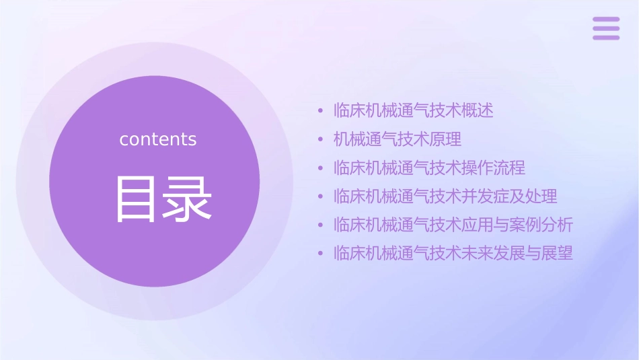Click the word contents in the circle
[158, 139]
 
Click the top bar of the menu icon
[606, 20]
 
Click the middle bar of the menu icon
[606, 28]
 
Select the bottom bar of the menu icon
[606, 37]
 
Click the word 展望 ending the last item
[558, 254]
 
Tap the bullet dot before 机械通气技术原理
[321, 140]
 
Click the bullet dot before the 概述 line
[321, 111]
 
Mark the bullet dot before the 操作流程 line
[321, 168]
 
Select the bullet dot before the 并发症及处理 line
[321, 197]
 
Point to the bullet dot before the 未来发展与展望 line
[321, 254]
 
